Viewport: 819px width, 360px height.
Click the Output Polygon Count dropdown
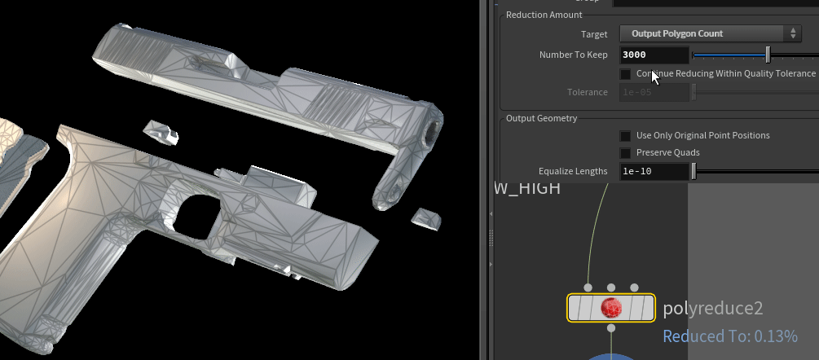pos(710,33)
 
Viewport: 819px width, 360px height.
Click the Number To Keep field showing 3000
pos(654,55)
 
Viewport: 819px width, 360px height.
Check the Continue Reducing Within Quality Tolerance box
pos(625,74)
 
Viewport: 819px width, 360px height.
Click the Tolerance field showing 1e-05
pos(654,92)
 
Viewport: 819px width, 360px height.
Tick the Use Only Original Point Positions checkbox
pos(625,136)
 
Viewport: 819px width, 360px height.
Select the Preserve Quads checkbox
pos(625,153)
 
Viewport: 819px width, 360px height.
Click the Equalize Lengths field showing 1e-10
pos(654,172)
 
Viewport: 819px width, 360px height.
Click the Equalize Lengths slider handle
pos(694,172)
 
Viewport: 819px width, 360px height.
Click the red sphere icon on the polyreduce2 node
pos(611,308)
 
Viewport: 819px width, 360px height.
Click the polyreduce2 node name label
pos(712,309)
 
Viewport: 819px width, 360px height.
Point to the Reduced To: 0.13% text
pos(729,336)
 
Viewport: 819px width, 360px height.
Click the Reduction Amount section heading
pos(544,15)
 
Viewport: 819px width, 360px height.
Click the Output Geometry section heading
pos(541,118)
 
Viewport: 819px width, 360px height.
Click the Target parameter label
pos(594,34)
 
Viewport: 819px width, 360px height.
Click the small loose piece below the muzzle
pos(425,217)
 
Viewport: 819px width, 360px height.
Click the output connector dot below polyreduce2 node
pos(611,328)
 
